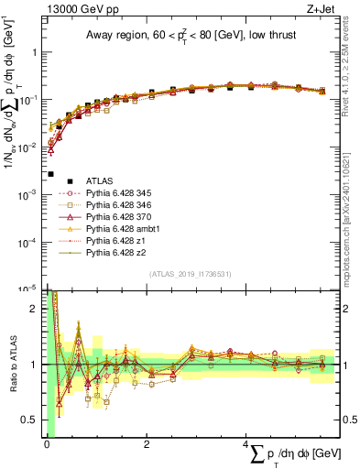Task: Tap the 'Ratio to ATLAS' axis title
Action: [13, 364]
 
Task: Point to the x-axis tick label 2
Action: [147, 444]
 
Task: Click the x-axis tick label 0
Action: [47, 444]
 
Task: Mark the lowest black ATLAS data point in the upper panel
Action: [50, 174]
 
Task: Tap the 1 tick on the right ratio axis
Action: [344, 364]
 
